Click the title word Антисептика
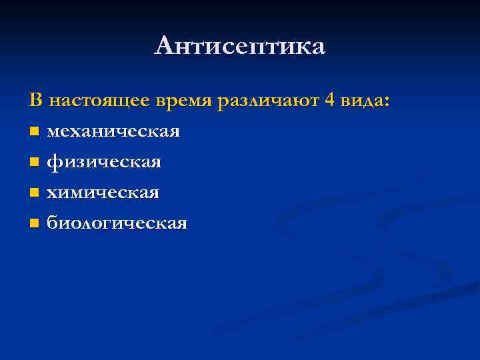240,46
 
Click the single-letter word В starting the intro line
35,101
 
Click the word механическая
113,131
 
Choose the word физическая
103,163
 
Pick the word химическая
102,193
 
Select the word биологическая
116,223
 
